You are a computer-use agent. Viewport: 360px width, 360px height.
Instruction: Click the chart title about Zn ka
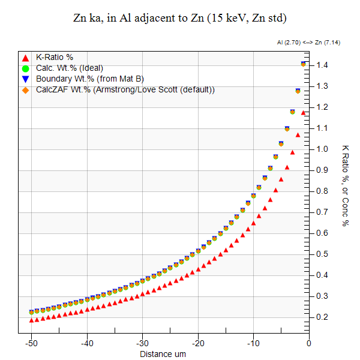pos(179,18)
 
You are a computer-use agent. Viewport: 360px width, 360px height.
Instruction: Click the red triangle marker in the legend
pos(25,58)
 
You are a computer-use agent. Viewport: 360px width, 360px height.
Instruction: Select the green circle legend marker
pos(25,68)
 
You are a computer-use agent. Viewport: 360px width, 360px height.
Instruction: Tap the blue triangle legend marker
pos(25,79)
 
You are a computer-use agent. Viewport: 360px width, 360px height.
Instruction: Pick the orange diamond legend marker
pos(25,90)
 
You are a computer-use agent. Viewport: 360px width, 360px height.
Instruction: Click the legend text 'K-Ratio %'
pos(55,58)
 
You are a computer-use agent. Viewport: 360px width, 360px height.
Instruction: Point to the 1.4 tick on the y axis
pos(325,65)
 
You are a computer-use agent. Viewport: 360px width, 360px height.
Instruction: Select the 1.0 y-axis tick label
pos(325,149)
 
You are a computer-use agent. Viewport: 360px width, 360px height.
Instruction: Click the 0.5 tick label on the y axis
pos(325,254)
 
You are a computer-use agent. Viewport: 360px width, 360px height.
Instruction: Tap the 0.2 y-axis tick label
pos(325,317)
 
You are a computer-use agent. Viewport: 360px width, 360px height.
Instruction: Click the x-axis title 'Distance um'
pos(163,354)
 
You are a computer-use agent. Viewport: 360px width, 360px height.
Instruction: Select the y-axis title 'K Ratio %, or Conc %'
pos(346,185)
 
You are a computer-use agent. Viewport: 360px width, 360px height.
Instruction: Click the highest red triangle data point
pos(304,113)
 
